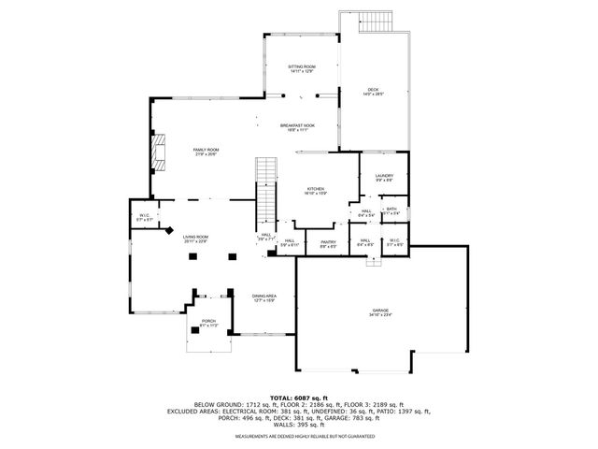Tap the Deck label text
pos(373,90)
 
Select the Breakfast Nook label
pos(297,125)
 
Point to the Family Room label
pos(206,150)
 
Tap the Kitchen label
pos(315,189)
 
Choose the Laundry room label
pos(384,176)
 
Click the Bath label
pos(392,209)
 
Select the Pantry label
pos(328,242)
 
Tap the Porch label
pos(207,321)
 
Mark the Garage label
pos(379,311)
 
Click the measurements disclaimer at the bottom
pos(298,436)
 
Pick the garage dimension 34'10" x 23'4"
pos(379,315)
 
